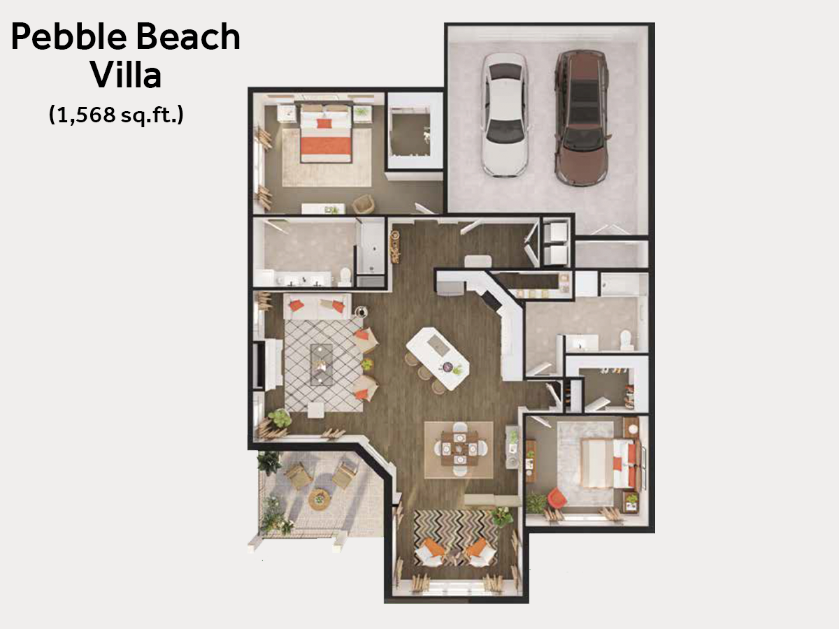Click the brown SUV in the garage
click(582, 117)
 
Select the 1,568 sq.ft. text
click(116, 114)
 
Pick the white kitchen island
click(438, 359)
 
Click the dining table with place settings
click(460, 449)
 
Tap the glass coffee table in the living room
click(321, 364)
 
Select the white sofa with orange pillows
click(317, 306)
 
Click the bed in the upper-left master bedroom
click(326, 133)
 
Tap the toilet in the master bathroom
click(345, 276)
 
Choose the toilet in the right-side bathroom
click(625, 340)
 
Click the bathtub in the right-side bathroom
click(624, 284)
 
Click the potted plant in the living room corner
click(280, 418)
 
